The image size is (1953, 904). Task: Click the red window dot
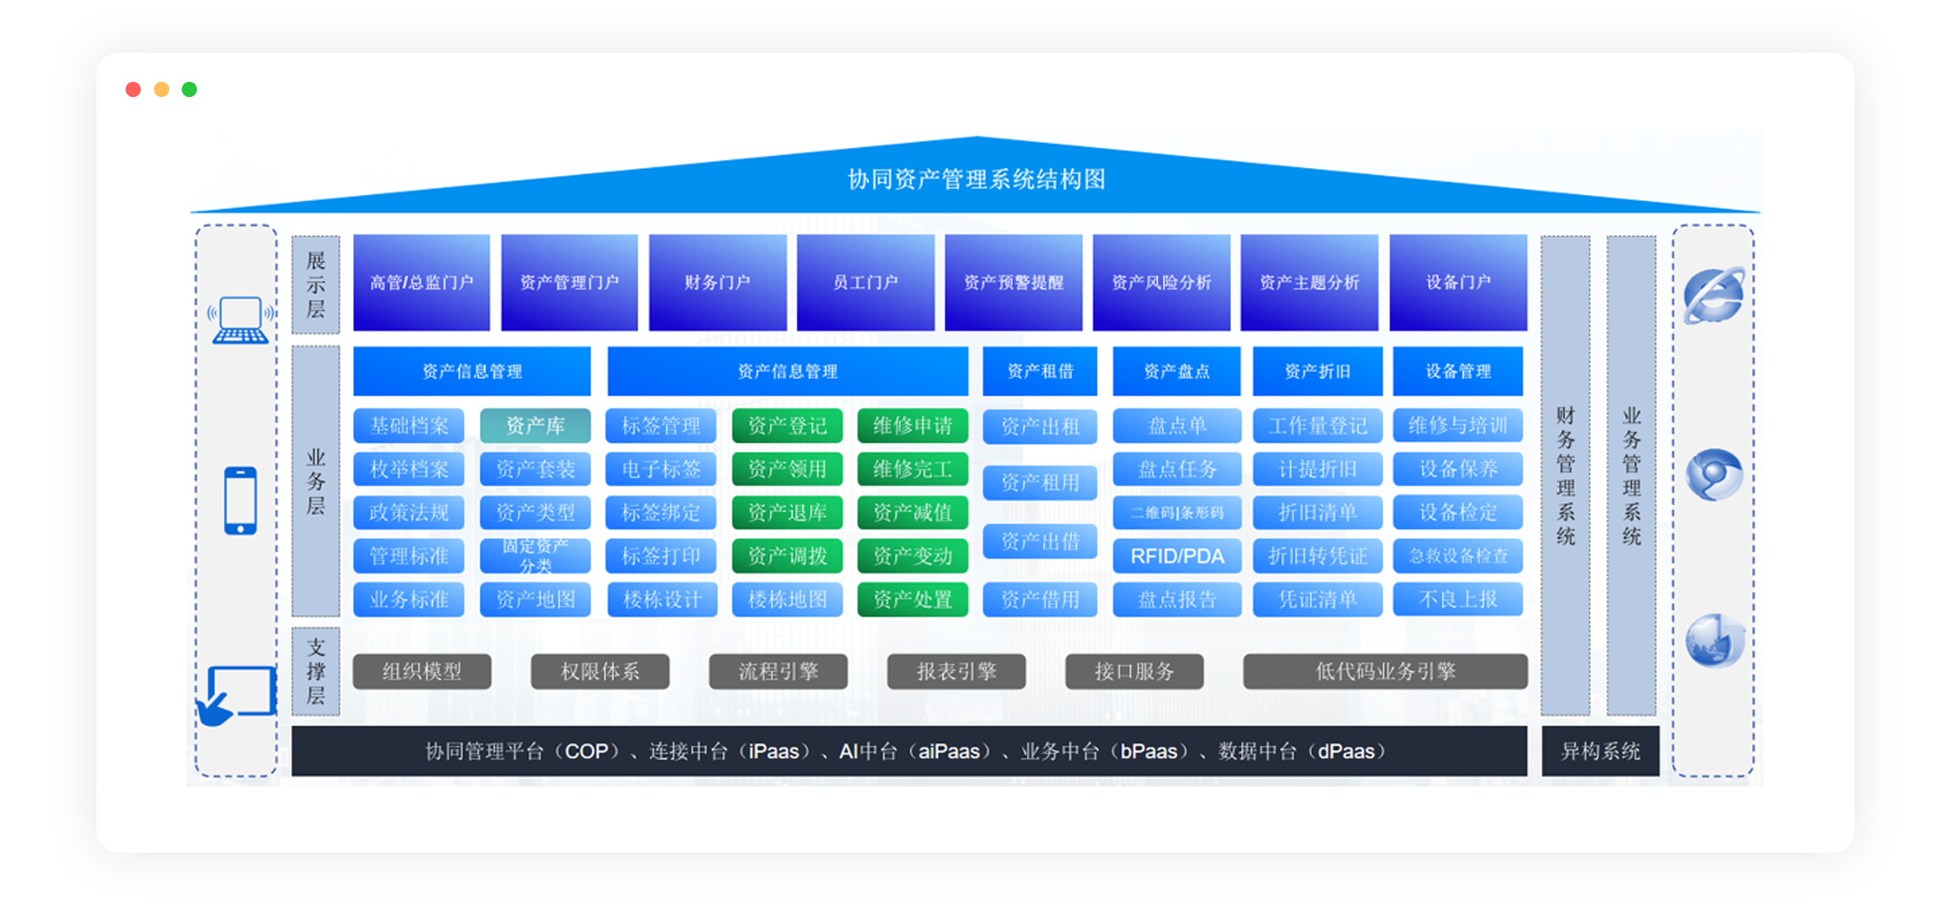133,89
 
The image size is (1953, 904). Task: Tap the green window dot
189,89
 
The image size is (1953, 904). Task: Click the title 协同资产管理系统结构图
976,180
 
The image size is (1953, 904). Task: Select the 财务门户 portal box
717,283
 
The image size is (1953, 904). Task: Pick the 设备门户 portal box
1457,283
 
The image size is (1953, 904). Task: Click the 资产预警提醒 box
1013,283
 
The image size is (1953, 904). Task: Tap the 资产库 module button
535,426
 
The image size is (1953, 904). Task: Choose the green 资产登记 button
787,426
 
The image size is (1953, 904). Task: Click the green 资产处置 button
912,600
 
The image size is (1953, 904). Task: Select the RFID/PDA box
1177,556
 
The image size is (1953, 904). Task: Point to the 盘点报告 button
1177,600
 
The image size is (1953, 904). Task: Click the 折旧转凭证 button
1317,556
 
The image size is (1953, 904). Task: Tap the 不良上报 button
1457,600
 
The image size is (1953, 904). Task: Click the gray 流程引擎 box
778,671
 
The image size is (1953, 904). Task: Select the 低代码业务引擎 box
1384,671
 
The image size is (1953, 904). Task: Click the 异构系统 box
1600,751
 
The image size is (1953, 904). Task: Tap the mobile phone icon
241,501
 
